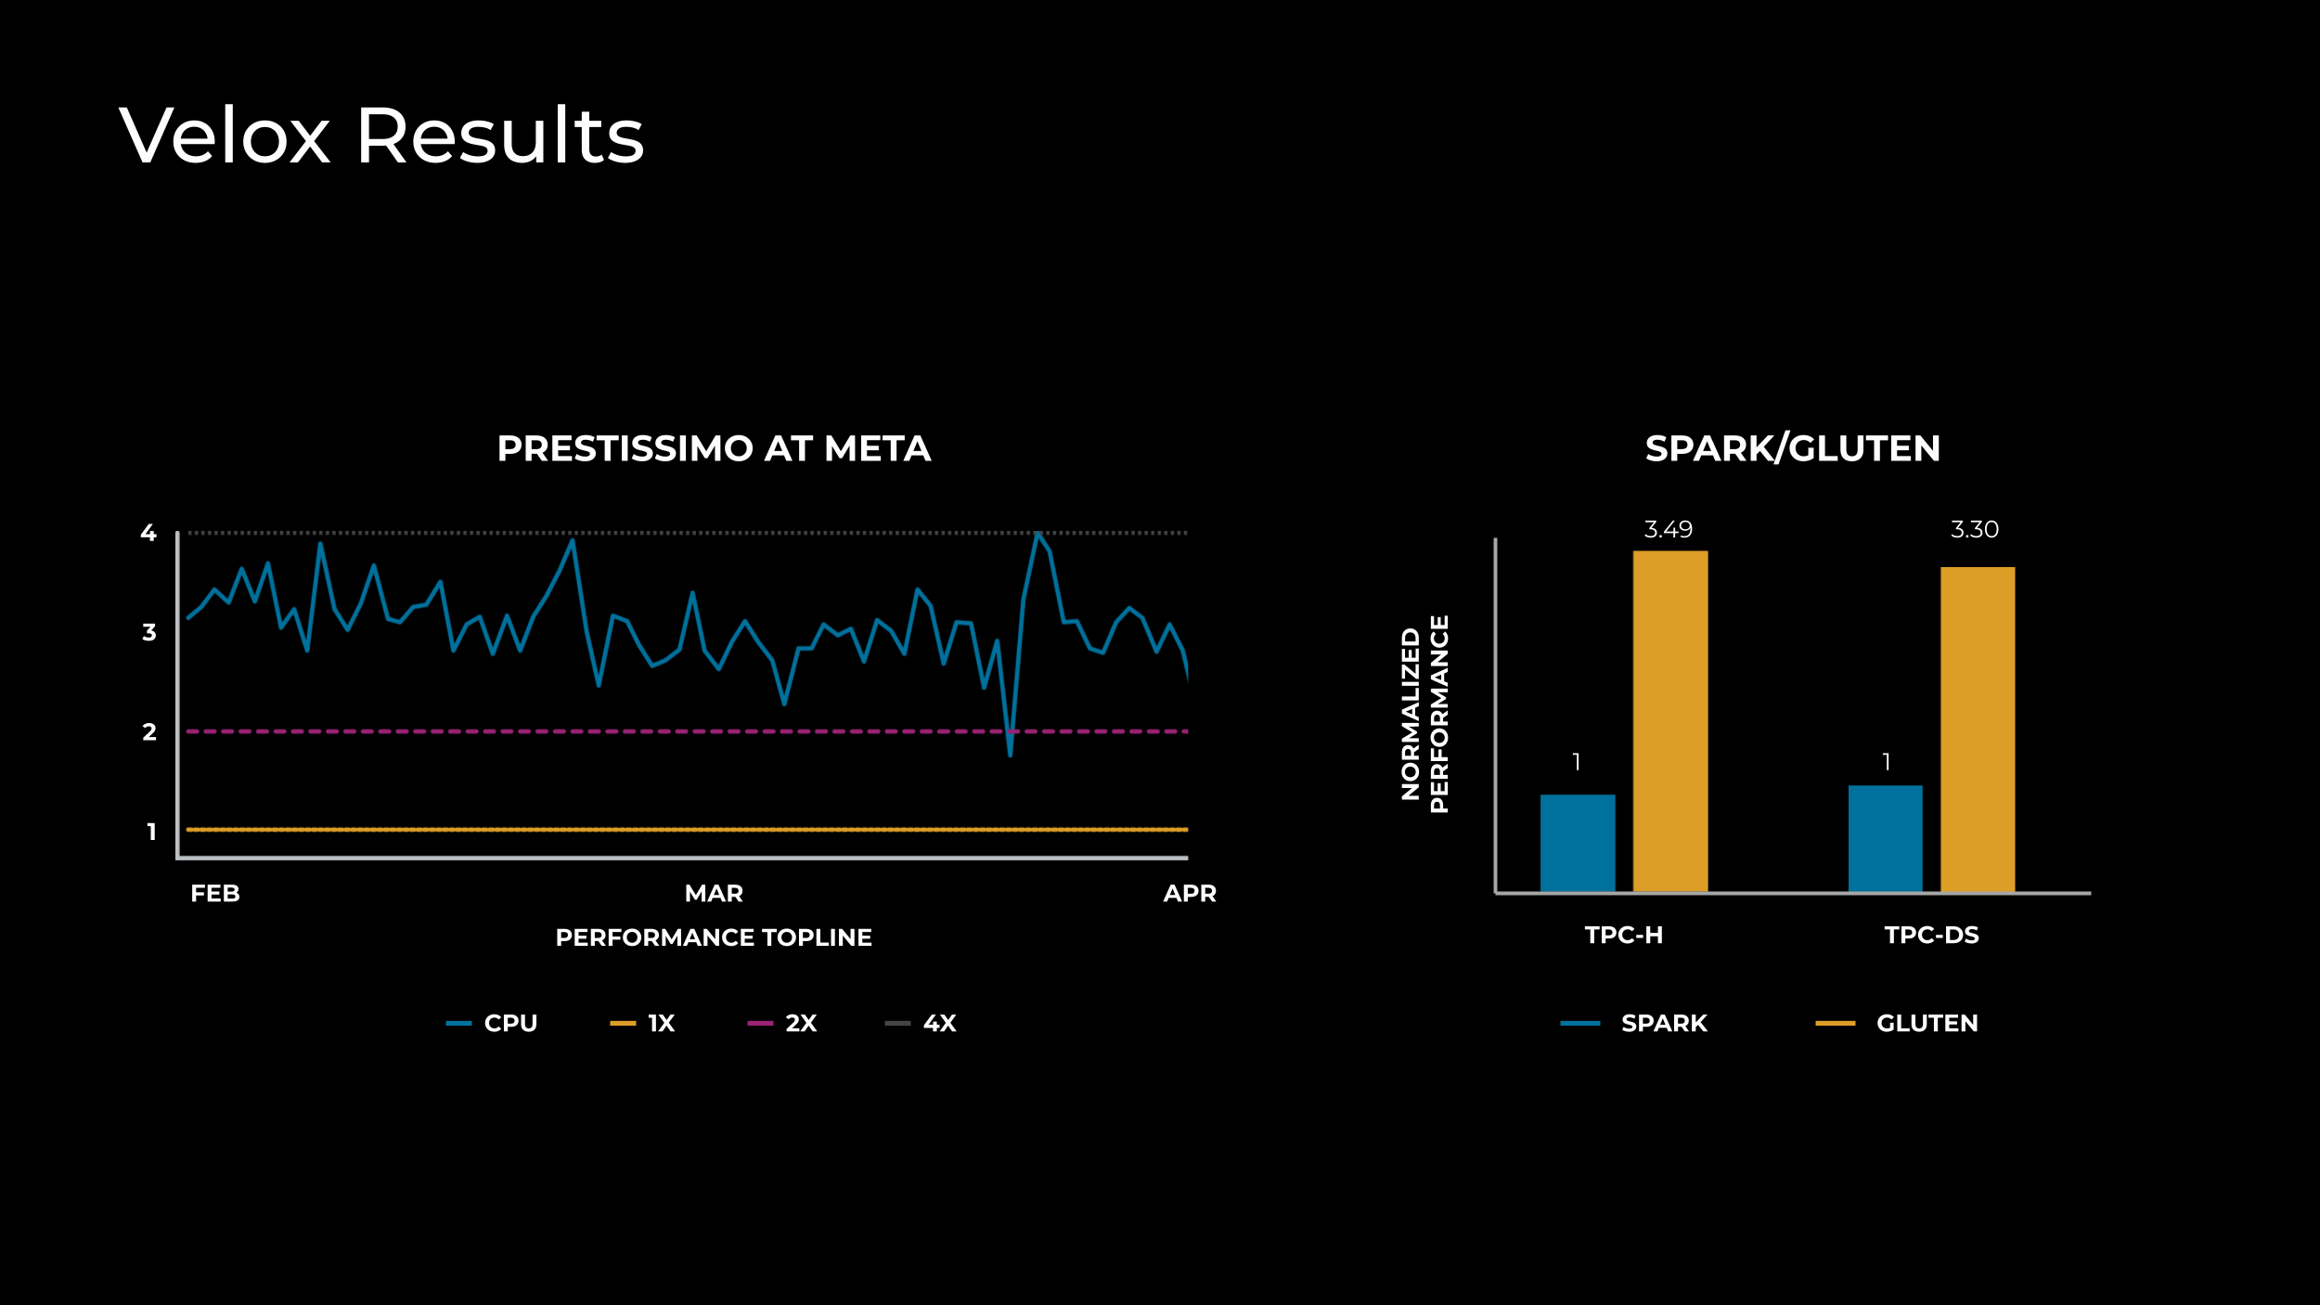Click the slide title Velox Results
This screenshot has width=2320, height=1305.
point(381,136)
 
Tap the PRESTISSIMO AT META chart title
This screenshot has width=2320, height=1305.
point(714,449)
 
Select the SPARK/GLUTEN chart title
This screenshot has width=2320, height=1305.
point(1792,449)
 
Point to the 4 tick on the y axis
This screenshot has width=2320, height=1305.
point(148,533)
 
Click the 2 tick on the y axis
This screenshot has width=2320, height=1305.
point(149,732)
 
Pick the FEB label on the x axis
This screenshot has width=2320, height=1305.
point(215,894)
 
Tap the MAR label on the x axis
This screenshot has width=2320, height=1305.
point(714,894)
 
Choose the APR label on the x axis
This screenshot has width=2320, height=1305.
point(1189,894)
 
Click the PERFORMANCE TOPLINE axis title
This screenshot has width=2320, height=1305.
point(714,937)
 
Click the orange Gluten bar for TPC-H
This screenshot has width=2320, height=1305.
point(1669,721)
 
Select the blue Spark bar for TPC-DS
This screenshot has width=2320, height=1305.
point(1885,839)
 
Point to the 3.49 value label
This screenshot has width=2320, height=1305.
point(1668,530)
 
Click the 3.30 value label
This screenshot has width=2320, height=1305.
point(1974,530)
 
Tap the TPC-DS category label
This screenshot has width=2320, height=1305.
point(1931,936)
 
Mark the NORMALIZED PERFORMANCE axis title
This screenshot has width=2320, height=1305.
point(1424,714)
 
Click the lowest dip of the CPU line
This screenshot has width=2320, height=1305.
point(1010,755)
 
